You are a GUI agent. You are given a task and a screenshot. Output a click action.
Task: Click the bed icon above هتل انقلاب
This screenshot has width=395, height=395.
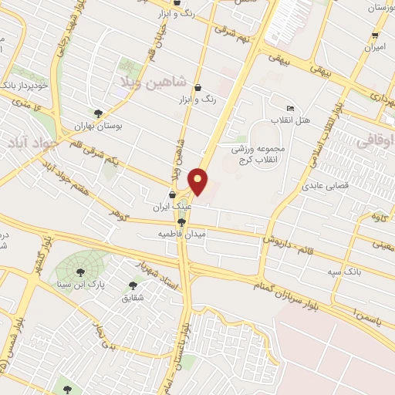click(290, 108)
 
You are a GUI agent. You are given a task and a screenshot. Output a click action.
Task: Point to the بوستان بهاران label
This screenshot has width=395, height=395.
click(98, 125)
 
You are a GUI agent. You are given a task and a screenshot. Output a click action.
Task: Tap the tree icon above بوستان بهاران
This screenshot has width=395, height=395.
click(98, 113)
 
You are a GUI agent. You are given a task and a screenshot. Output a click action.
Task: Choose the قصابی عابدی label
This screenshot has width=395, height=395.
click(326, 185)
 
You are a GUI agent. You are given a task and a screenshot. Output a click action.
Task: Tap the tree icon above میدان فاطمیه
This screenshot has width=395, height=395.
click(181, 221)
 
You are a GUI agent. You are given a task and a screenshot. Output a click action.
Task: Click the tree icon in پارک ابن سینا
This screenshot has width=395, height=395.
click(80, 271)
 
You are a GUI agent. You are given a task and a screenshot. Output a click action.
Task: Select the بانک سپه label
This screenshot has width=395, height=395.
click(344, 272)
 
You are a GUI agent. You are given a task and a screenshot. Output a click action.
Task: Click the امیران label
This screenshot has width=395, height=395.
click(375, 48)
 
